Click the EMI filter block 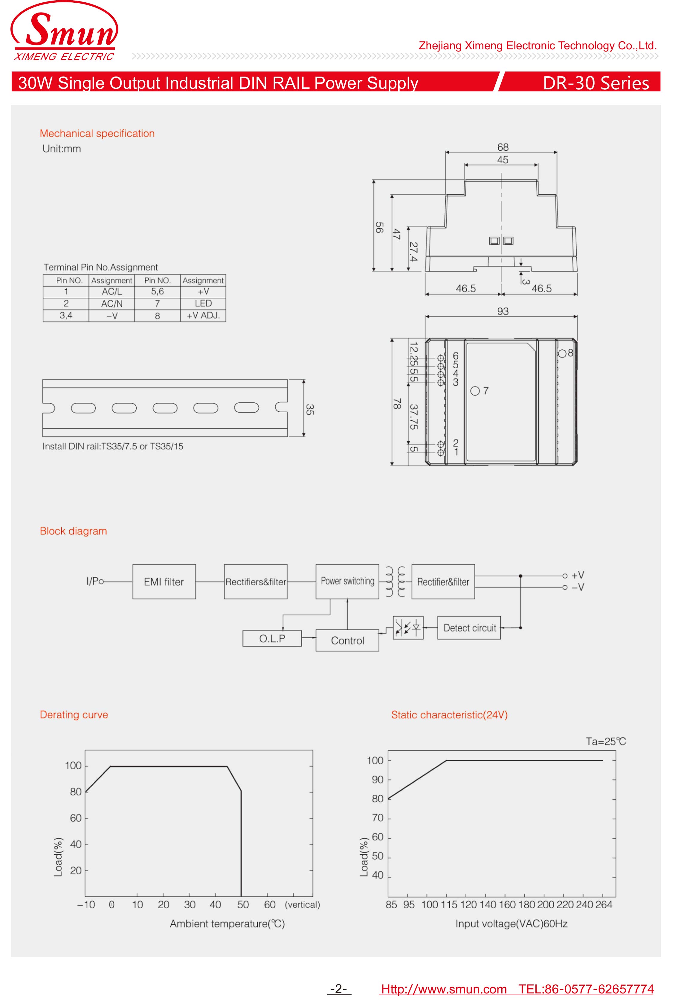164,582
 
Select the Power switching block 347,581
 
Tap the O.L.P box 272,639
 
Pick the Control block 347,641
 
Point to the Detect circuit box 469,628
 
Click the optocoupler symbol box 408,628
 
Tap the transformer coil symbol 395,582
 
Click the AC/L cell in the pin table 112,292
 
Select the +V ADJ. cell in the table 203,315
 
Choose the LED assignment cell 203,303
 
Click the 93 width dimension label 503,311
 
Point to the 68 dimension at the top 503,147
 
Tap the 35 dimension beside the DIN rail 309,409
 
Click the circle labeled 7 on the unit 475,391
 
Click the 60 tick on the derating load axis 76,818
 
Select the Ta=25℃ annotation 606,741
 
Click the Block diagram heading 73,531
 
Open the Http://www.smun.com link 444,989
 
